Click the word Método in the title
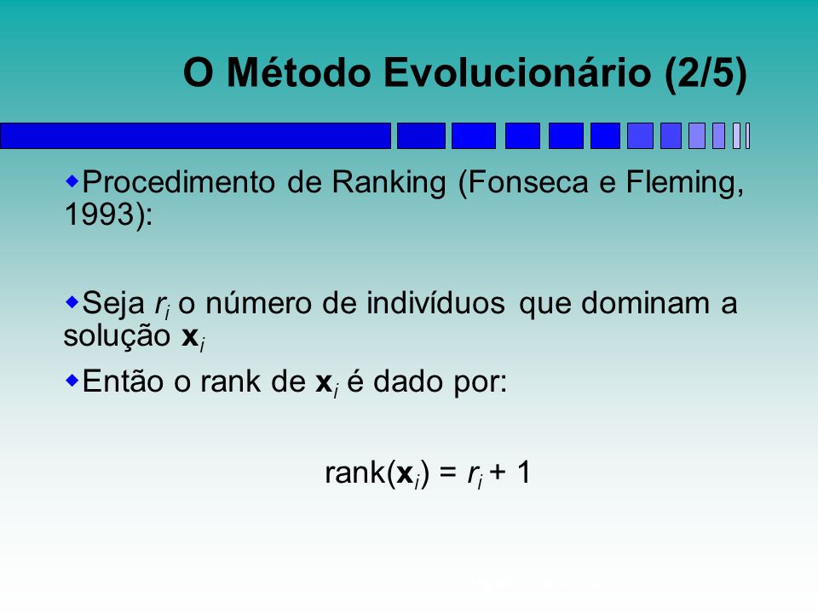pos(299,72)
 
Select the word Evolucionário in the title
pos(517,72)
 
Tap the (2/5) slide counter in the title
pos(706,73)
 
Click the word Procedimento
pos(178,182)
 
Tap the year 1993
pos(99,215)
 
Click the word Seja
pos(113,304)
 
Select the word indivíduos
pos(435,303)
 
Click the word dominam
pos(645,303)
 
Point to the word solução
pos(117,336)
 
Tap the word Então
pos(123,381)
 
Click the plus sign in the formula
pos(498,473)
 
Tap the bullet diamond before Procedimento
pos(72,181)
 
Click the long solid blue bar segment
pos(195,136)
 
